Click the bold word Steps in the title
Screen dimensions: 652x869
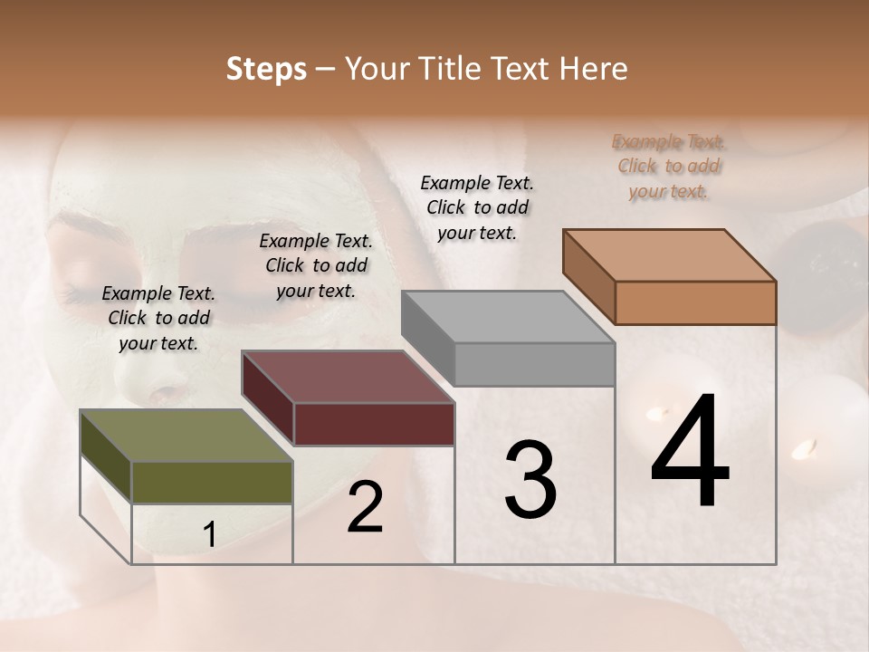pyautogui.click(x=266, y=69)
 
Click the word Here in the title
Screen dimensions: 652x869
pyautogui.click(x=596, y=69)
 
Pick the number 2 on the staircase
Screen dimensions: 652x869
pyautogui.click(x=365, y=508)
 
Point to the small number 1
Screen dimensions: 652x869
pyautogui.click(x=209, y=535)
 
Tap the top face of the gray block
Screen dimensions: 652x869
pyautogui.click(x=508, y=317)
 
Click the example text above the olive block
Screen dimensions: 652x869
pyautogui.click(x=158, y=318)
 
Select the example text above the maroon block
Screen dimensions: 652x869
pyautogui.click(x=316, y=265)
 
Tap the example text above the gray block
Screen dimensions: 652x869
pyautogui.click(x=477, y=207)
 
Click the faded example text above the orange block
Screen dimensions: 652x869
pyautogui.click(x=669, y=166)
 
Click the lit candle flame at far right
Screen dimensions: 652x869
pyautogui.click(x=804, y=447)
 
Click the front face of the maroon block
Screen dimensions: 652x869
pyautogui.click(x=374, y=424)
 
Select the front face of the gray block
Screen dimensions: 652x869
pyautogui.click(x=534, y=364)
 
